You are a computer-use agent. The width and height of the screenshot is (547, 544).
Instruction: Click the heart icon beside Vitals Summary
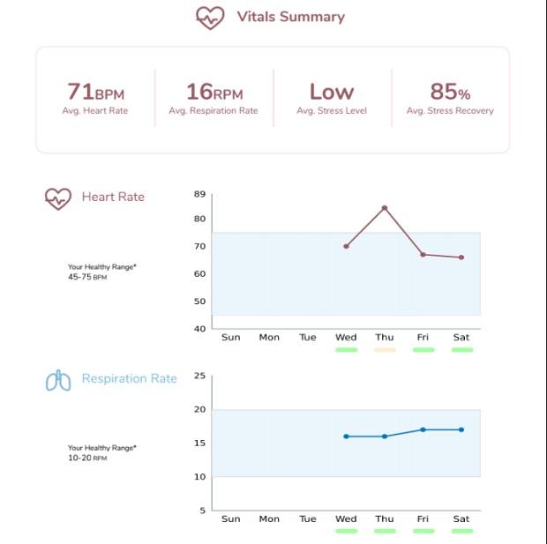pyautogui.click(x=210, y=18)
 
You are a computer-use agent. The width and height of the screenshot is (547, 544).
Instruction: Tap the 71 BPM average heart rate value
pyautogui.click(x=95, y=92)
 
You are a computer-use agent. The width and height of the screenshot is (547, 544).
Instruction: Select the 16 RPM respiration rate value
pyautogui.click(x=213, y=92)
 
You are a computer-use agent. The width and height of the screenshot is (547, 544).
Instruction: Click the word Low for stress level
pyautogui.click(x=331, y=92)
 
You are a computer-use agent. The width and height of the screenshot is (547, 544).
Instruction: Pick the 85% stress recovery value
pyautogui.click(x=449, y=92)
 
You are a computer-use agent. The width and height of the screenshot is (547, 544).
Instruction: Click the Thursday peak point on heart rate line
pyautogui.click(x=385, y=208)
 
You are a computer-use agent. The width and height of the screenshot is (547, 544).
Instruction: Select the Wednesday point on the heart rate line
pyautogui.click(x=346, y=246)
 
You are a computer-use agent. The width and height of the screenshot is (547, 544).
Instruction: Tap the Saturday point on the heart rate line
pyautogui.click(x=461, y=257)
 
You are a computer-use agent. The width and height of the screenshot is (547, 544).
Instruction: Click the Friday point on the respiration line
pyautogui.click(x=423, y=429)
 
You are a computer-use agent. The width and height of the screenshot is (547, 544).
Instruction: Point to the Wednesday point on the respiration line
pyautogui.click(x=346, y=436)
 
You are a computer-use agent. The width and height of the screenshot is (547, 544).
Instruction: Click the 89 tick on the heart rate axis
pyautogui.click(x=199, y=194)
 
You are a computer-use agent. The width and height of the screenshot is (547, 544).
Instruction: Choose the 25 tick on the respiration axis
pyautogui.click(x=199, y=376)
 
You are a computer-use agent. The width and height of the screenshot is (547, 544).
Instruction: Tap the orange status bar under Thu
pyautogui.click(x=385, y=350)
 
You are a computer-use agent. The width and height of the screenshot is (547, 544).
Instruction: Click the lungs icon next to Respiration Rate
pyautogui.click(x=58, y=380)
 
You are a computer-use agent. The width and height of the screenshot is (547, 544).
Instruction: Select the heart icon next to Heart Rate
pyautogui.click(x=58, y=198)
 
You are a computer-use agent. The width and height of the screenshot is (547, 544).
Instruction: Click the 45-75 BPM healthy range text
pyautogui.click(x=87, y=277)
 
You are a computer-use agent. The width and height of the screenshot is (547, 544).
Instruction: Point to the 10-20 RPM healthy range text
pyautogui.click(x=87, y=458)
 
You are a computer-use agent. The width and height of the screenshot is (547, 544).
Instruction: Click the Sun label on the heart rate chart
pyautogui.click(x=231, y=337)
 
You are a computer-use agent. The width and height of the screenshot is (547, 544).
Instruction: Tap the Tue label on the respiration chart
pyautogui.click(x=308, y=518)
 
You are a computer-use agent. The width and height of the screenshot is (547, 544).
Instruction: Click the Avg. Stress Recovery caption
pyautogui.click(x=449, y=111)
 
